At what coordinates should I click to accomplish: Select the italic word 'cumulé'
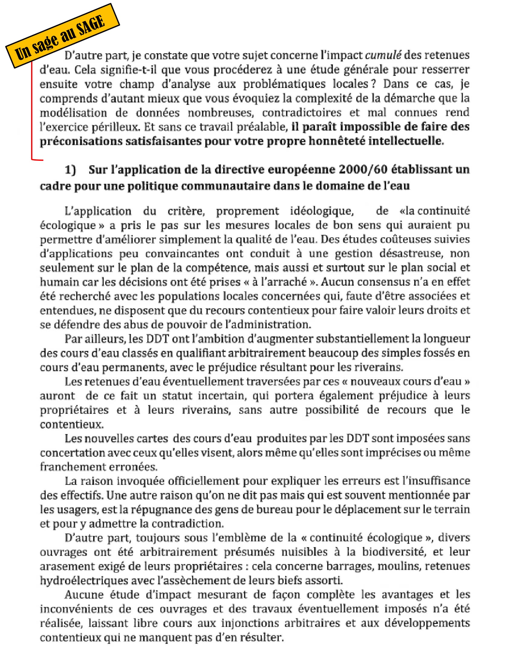coord(383,55)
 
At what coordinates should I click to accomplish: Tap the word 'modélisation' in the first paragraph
coord(73,113)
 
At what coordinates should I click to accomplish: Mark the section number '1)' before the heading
coord(70,170)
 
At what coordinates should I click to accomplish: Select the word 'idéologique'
coord(322,211)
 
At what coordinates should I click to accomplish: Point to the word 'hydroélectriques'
coord(84,580)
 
